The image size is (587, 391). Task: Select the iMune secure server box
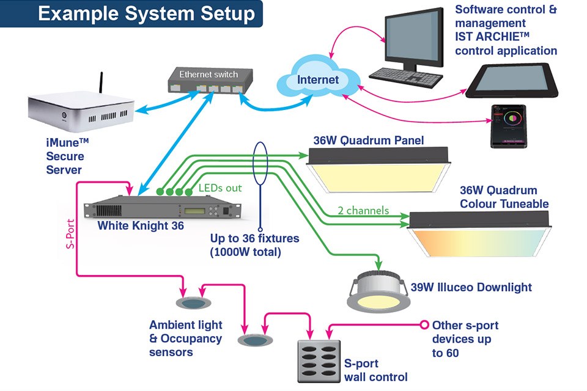79,112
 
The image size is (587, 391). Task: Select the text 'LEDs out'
220,188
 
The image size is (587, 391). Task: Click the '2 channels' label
363,211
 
